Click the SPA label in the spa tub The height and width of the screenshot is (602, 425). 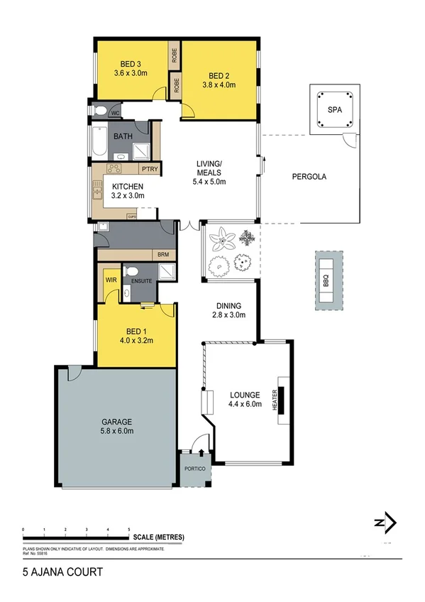333,111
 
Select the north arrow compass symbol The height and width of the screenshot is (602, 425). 385,522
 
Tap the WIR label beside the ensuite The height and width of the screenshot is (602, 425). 111,280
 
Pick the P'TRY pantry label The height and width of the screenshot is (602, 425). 149,169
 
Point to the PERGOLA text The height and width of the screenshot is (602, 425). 310,177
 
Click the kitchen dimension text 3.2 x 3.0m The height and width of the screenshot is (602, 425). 128,196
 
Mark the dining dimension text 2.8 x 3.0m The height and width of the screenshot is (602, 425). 229,317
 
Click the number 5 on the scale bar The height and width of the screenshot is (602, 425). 128,530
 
